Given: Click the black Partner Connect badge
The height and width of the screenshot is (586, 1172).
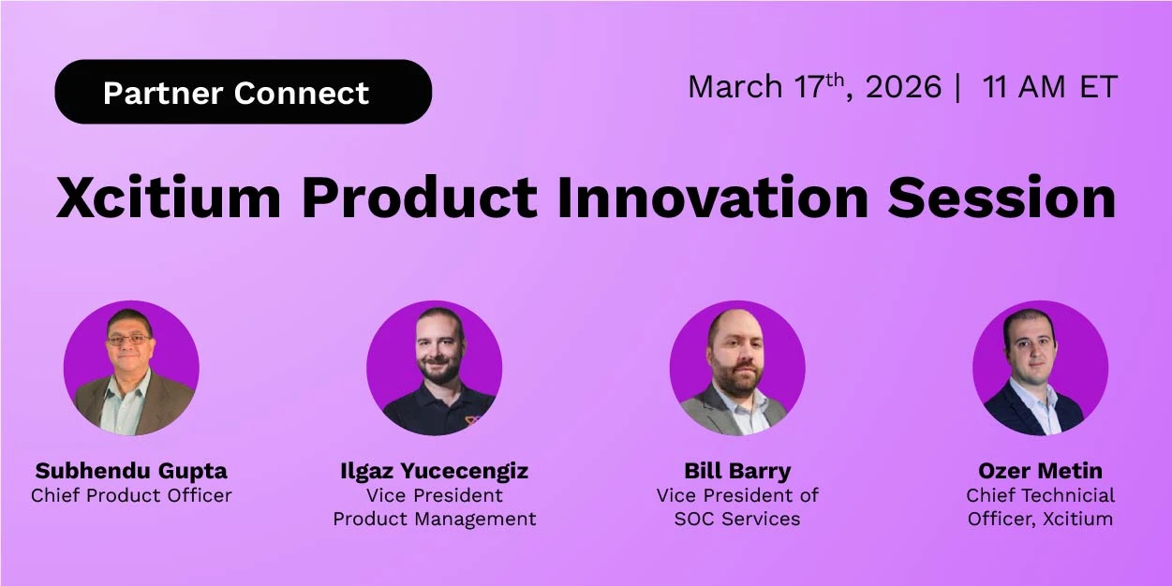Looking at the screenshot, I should pyautogui.click(x=243, y=92).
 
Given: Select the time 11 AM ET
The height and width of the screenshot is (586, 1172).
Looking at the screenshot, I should pyautogui.click(x=1049, y=87).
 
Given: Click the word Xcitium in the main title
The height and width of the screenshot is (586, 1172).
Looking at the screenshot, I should pyautogui.click(x=169, y=197).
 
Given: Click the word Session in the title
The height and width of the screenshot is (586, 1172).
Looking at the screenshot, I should pyautogui.click(x=1001, y=197).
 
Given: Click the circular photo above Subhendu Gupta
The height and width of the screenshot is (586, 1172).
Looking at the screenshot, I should pyautogui.click(x=131, y=368).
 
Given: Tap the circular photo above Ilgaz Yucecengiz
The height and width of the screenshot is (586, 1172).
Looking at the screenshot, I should pyautogui.click(x=434, y=368).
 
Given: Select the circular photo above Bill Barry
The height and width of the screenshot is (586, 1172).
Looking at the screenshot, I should pyautogui.click(x=737, y=368).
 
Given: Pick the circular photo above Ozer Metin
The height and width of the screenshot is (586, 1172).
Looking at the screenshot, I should pyautogui.click(x=1040, y=368).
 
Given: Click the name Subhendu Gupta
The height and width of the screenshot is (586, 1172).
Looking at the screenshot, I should pyautogui.click(x=131, y=470).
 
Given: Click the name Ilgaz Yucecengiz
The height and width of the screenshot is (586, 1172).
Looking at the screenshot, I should pyautogui.click(x=434, y=470).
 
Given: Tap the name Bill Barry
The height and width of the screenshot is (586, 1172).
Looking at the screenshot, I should pyautogui.click(x=737, y=470).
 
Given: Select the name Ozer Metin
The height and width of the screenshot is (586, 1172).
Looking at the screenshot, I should pyautogui.click(x=1040, y=470).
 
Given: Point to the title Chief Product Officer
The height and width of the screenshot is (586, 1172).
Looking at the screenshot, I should pyautogui.click(x=131, y=495).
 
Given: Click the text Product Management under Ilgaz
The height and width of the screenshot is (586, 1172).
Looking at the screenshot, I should pyautogui.click(x=435, y=519).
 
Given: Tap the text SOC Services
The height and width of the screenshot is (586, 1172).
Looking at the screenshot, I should pyautogui.click(x=737, y=519).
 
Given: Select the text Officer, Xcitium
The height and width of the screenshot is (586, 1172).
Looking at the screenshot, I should pyautogui.click(x=1040, y=519).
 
